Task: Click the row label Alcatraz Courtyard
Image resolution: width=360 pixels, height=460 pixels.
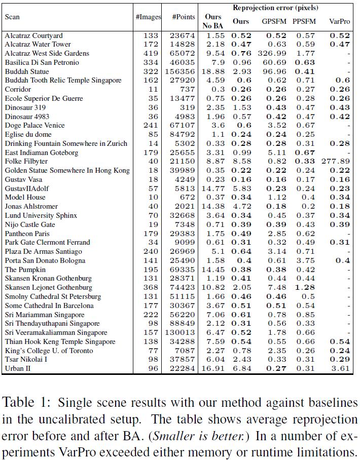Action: (x=33, y=35)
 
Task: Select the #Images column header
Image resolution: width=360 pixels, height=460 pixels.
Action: (x=148, y=17)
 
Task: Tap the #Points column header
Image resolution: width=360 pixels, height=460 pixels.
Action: (x=184, y=17)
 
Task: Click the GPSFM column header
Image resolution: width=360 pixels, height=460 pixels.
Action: (x=274, y=21)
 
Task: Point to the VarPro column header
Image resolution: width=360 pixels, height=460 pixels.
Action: (x=339, y=21)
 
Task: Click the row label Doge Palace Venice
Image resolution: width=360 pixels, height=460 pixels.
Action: (x=34, y=125)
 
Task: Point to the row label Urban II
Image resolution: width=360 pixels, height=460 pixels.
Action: (x=18, y=368)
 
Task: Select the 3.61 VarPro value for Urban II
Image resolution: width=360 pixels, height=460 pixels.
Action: (x=341, y=368)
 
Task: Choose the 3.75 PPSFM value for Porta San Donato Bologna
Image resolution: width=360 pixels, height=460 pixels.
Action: (x=305, y=260)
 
